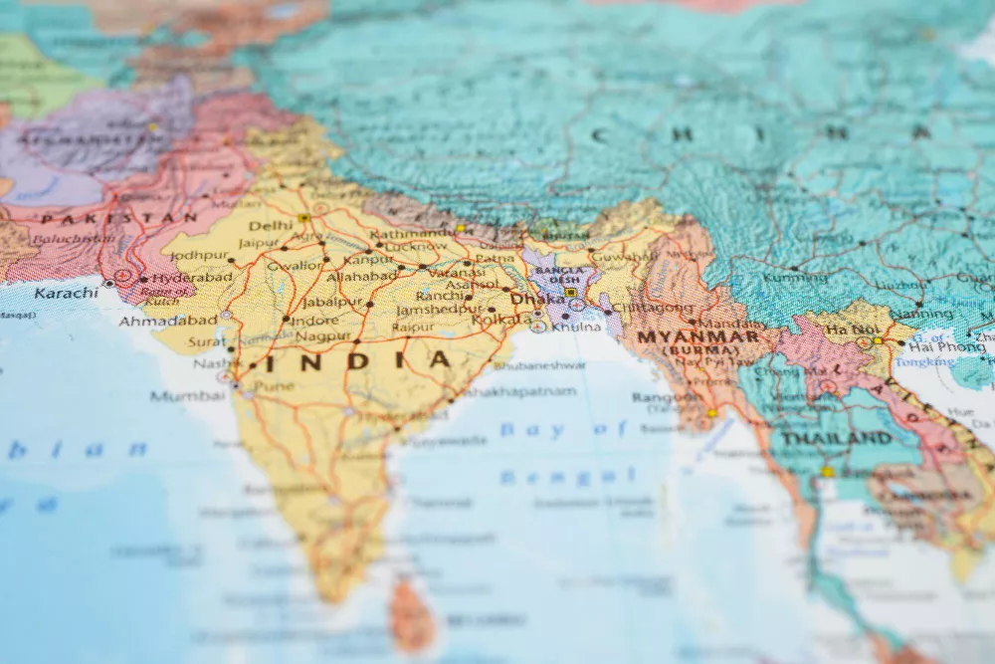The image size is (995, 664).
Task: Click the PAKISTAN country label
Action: [119, 217]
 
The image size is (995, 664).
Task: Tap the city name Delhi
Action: [271, 226]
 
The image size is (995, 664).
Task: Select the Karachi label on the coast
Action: [67, 293]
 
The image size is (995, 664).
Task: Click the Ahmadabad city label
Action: [168, 321]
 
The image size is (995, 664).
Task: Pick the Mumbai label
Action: [187, 395]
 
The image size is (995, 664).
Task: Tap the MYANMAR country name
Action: [697, 336]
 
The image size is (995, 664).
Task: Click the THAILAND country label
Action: [837, 438]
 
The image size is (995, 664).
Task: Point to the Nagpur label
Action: [323, 335]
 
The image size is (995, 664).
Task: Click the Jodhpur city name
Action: [199, 256]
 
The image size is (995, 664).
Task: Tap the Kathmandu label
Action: [407, 235]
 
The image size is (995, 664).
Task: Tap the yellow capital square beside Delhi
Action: [303, 218]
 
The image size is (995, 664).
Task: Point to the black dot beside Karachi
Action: [108, 284]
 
